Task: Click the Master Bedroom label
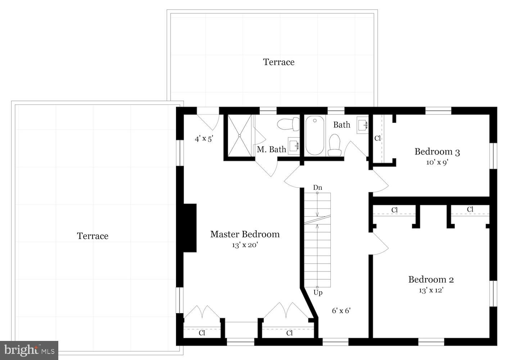tap(245, 234)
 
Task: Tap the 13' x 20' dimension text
tap(245, 246)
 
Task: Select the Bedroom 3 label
tap(437, 152)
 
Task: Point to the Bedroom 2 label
tap(431, 279)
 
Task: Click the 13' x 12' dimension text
tap(431, 290)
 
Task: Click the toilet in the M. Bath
tap(289, 124)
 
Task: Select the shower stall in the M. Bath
tap(239, 135)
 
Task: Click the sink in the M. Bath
tap(294, 146)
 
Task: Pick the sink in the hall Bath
tap(363, 125)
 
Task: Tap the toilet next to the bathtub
tap(335, 145)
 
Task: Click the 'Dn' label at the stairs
tap(317, 188)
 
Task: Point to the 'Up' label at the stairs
tap(318, 292)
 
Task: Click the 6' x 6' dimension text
tap(341, 310)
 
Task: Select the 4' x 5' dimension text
tap(204, 139)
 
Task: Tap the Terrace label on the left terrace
tap(92, 236)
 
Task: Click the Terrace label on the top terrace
tap(279, 62)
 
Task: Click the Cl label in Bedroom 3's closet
tap(377, 138)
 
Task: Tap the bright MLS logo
tap(29, 350)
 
